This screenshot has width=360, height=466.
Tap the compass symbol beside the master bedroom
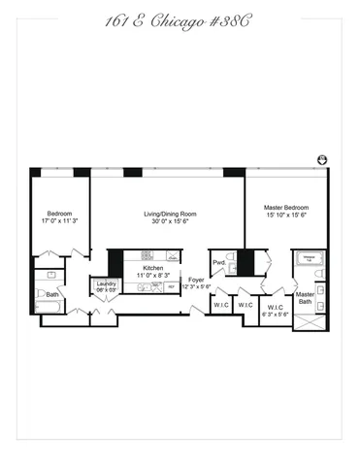(322, 160)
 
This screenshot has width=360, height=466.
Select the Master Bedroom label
(286, 207)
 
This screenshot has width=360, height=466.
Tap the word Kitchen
(153, 267)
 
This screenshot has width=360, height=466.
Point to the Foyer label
(197, 280)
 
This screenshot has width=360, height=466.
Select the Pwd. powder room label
(220, 262)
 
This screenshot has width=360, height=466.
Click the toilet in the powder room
(233, 268)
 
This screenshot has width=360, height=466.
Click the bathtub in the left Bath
(49, 308)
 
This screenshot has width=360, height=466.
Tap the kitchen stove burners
(172, 257)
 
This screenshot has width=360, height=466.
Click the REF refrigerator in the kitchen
(171, 286)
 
